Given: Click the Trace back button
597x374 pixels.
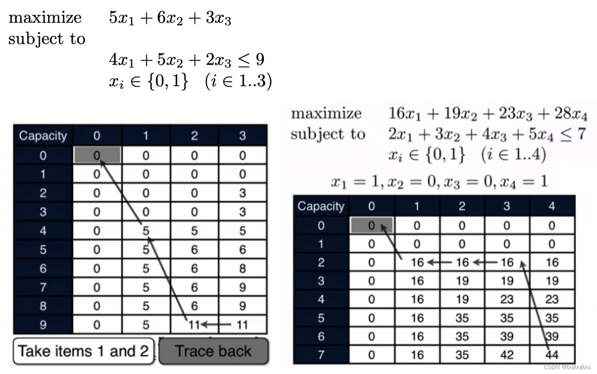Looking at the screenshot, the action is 213,351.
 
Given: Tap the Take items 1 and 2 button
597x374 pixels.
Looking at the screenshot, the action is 83,351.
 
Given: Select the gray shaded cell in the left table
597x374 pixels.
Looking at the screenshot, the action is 97,155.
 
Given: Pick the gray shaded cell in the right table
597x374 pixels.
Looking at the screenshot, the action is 371,226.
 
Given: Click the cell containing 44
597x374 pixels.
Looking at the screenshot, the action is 552,355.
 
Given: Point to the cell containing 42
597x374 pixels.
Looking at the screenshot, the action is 507,355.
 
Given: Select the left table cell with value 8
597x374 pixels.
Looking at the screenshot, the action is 243,268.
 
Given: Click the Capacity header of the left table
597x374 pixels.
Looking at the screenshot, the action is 43,136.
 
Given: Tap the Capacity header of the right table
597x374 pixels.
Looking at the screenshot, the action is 321,206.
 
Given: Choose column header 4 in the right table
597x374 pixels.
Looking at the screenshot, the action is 551,206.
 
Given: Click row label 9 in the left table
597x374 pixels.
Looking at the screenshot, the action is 43,325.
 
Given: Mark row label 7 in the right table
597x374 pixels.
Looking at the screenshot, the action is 321,355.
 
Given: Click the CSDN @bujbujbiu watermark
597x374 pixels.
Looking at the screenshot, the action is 567,367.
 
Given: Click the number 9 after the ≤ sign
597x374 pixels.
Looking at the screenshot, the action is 260,60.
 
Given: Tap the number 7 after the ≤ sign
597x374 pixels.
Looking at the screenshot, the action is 582,134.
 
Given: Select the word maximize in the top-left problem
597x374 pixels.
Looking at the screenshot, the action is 45,18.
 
